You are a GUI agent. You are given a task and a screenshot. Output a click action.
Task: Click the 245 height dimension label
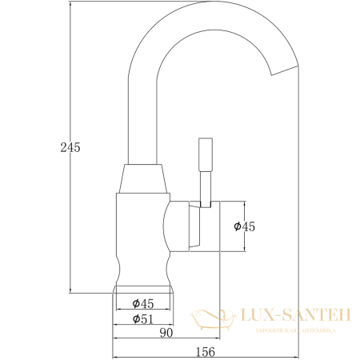point(70,148)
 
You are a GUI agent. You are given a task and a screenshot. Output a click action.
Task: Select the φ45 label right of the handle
point(244,226)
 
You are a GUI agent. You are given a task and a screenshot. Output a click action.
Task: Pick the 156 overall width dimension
point(206,350)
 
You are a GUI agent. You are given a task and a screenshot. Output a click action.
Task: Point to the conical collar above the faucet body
point(145,179)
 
